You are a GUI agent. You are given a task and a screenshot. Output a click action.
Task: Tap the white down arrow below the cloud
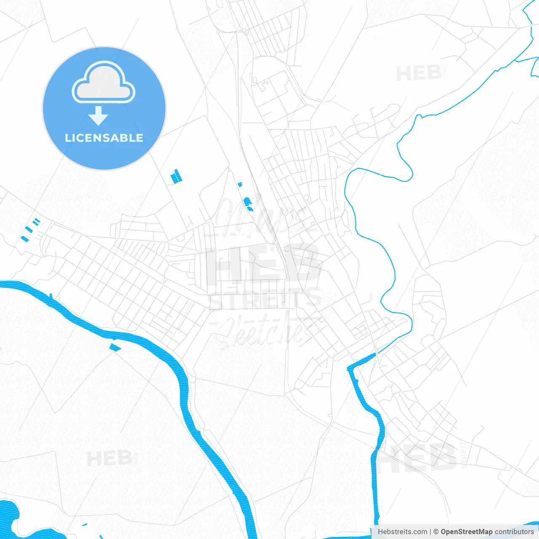[x=99, y=115]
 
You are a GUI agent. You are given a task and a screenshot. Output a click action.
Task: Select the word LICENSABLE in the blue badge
[x=104, y=138]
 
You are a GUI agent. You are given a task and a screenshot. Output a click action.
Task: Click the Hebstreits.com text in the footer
[x=402, y=532]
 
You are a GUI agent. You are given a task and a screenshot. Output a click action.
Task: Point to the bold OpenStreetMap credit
[x=466, y=532]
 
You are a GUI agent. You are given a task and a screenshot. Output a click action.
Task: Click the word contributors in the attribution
[x=514, y=532]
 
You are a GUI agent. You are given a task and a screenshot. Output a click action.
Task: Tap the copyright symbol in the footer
[x=436, y=532]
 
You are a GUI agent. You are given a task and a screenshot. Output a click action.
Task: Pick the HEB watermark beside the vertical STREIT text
[x=417, y=458]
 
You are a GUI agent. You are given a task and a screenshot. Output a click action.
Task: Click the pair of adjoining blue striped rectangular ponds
[x=176, y=176]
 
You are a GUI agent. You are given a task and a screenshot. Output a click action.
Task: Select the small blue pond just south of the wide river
[x=115, y=347]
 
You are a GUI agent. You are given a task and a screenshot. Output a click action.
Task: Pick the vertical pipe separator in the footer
[x=430, y=532]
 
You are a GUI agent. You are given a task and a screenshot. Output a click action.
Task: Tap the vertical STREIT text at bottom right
[x=464, y=455]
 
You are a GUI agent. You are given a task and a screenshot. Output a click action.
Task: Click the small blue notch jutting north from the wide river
[x=51, y=296]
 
